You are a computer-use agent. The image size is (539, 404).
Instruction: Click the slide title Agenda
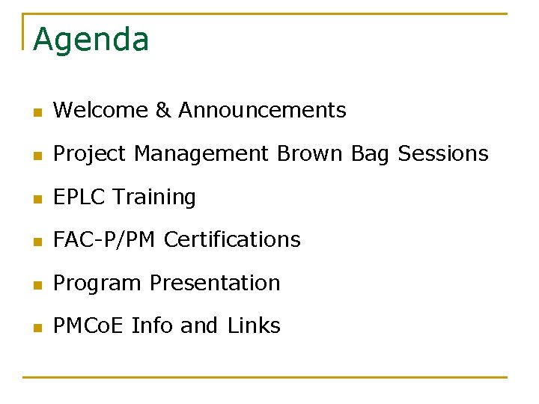point(91,40)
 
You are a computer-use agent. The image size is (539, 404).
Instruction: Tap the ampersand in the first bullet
point(163,111)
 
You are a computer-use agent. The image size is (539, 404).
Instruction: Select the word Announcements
point(262,111)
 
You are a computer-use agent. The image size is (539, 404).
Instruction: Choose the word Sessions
point(443,154)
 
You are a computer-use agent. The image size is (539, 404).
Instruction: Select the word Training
point(154,198)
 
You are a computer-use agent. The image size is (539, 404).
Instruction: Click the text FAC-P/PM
point(105,240)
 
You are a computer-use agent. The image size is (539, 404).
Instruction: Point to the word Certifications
point(232,240)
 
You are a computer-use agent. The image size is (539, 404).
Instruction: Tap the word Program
point(97,284)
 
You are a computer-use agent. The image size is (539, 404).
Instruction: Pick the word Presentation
point(215,284)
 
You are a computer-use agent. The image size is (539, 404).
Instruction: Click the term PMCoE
point(89,326)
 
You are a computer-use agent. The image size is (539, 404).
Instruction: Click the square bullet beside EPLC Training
point(37,199)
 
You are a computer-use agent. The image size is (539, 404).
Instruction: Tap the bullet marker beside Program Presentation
point(37,285)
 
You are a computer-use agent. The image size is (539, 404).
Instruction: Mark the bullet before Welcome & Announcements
point(37,112)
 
